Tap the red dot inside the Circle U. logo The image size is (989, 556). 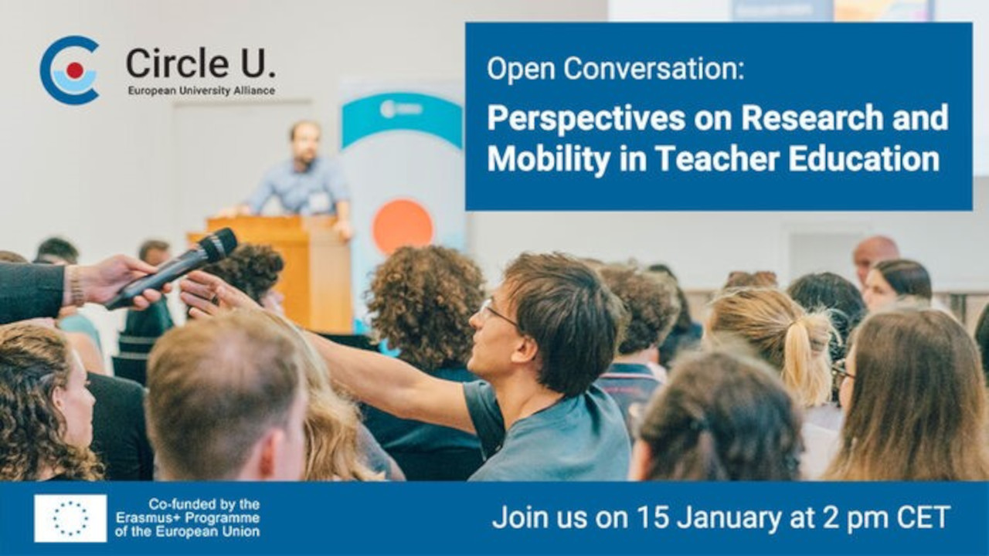click(75, 70)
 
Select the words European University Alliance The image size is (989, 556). click(202, 91)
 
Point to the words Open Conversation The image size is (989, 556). click(616, 69)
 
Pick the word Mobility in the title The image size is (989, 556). click(549, 159)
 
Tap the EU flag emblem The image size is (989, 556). click(70, 518)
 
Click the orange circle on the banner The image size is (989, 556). click(403, 227)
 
